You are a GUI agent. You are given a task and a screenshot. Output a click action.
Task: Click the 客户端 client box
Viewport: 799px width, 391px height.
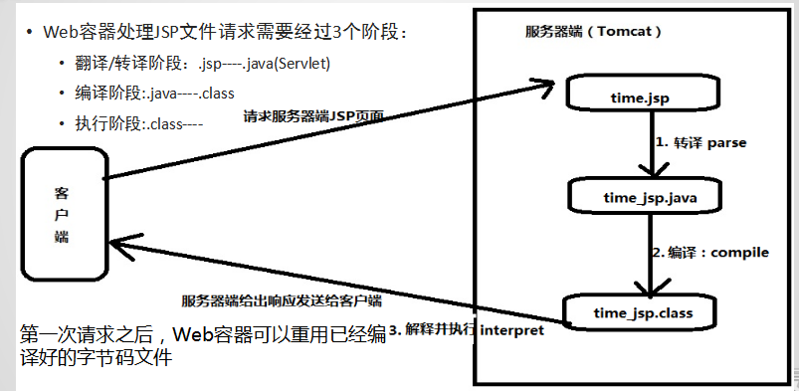(62, 213)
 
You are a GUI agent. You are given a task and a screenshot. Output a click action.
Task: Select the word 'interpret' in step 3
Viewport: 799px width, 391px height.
(512, 329)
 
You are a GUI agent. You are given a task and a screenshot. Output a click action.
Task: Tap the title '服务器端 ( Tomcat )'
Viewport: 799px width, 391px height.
(594, 31)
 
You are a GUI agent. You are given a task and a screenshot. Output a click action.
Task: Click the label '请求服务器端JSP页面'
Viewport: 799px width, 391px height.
(313, 116)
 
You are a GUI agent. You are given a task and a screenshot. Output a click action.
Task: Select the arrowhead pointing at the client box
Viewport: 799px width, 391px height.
(119, 240)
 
